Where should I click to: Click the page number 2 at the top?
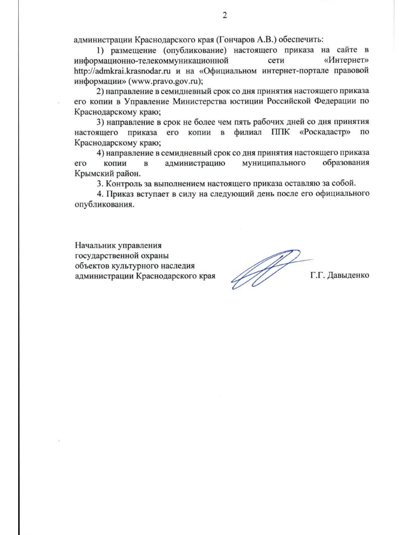pos(225,16)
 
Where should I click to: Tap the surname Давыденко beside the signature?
pos(348,275)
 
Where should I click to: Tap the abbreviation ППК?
pos(280,132)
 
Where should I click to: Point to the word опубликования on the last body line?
pos(104,204)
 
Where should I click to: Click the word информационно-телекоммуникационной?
pos(151,61)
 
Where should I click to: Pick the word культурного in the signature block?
pos(134,266)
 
